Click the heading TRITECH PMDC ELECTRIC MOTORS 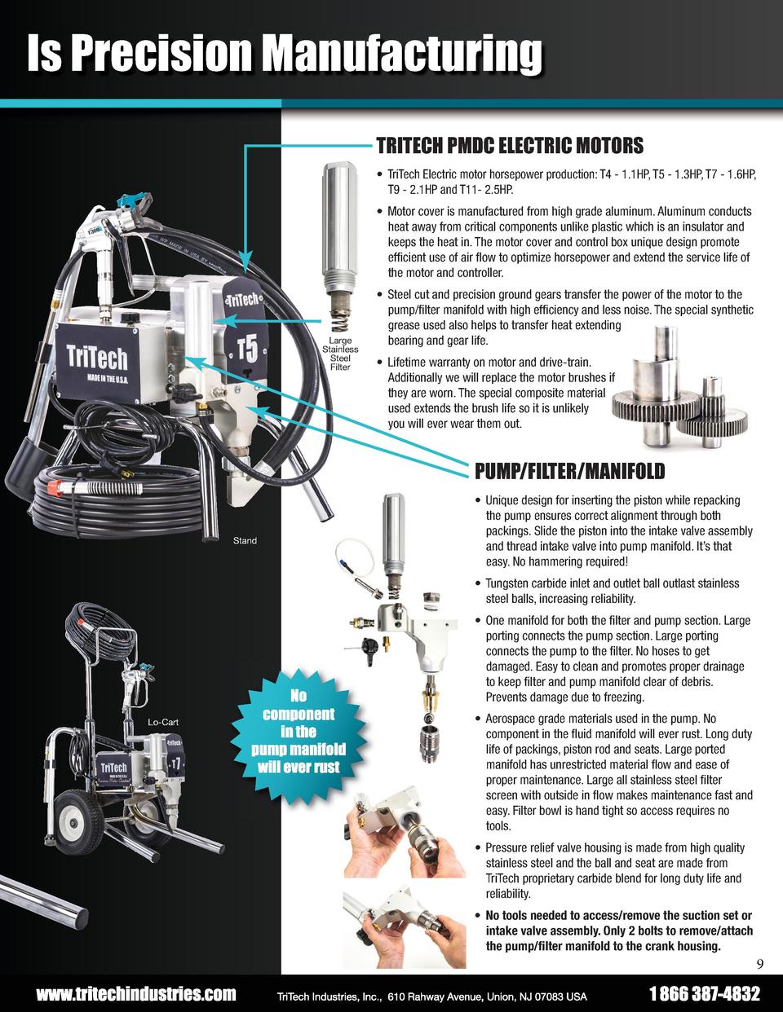pyautogui.click(x=509, y=146)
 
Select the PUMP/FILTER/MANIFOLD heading pyautogui.click(x=569, y=471)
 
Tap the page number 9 pyautogui.click(x=759, y=966)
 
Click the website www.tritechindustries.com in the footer pyautogui.click(x=135, y=995)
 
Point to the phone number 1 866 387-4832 pyautogui.click(x=705, y=995)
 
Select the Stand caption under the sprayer pyautogui.click(x=245, y=540)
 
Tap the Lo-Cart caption pyautogui.click(x=163, y=722)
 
